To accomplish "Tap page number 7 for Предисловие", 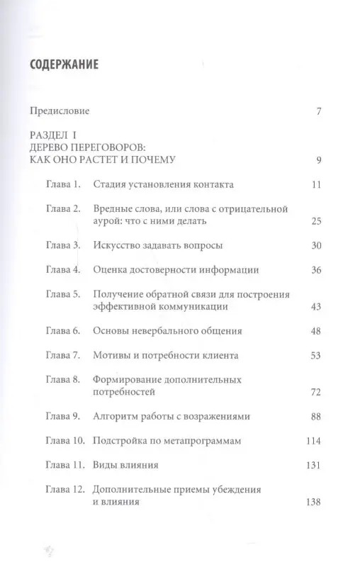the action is tap(320, 112).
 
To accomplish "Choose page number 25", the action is tap(316, 223).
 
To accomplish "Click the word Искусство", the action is tap(117, 246).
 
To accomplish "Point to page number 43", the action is tap(316, 308).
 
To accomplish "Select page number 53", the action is tap(316, 355).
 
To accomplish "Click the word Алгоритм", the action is tap(116, 416).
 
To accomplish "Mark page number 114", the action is tap(313, 441).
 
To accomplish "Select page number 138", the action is tap(313, 503).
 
